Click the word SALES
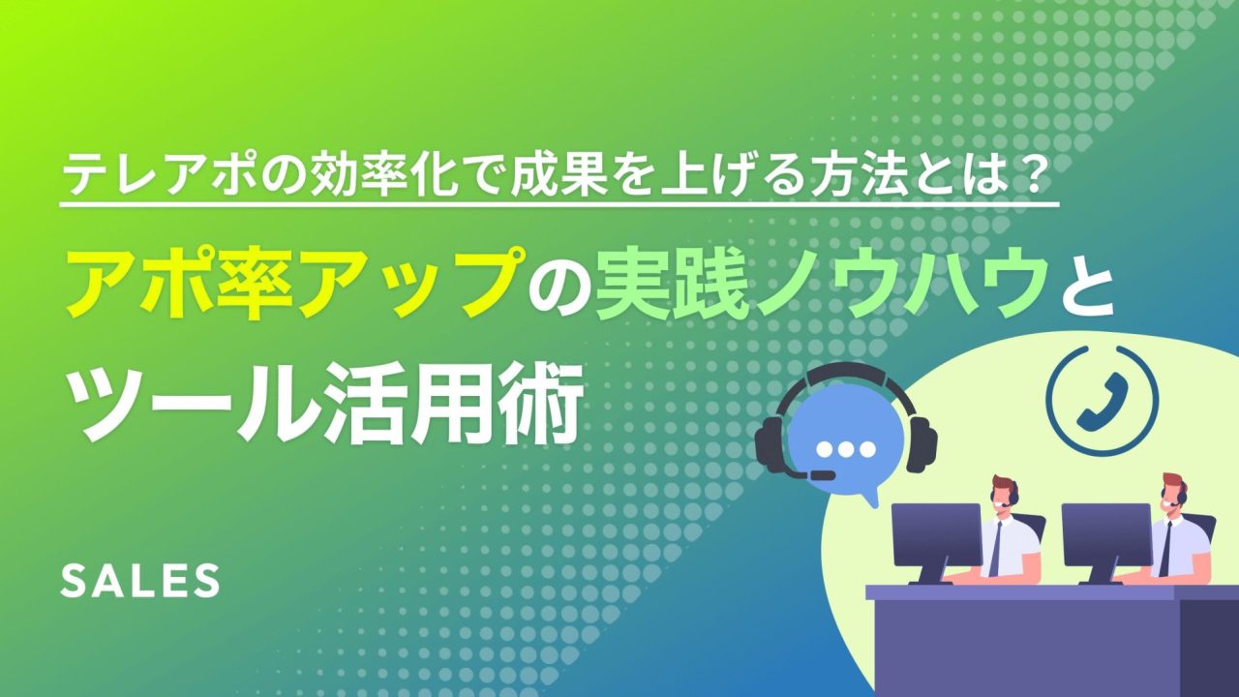click(140, 581)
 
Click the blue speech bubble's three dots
click(847, 449)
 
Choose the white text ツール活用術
click(326, 404)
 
